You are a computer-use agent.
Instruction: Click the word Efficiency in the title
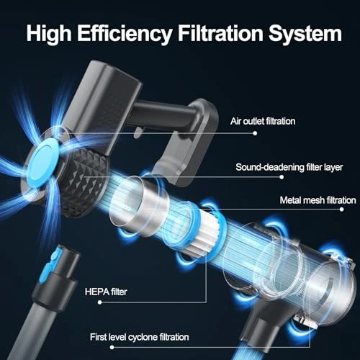click(125, 34)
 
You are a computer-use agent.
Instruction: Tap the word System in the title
click(305, 35)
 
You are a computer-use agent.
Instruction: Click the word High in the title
click(49, 35)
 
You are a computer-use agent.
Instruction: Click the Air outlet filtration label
click(263, 121)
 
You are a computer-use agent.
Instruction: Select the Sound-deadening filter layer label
click(289, 167)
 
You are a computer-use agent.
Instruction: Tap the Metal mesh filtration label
click(318, 200)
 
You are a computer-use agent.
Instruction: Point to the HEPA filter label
click(106, 292)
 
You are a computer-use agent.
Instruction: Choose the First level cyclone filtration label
click(140, 337)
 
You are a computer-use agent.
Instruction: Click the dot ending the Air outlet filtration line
click(255, 133)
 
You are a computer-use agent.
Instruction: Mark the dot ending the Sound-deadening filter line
click(282, 177)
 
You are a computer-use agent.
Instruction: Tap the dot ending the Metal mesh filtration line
click(342, 210)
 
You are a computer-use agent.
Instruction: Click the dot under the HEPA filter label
click(100, 302)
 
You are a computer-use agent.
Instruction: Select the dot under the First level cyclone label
click(112, 347)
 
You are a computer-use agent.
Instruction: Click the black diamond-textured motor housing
click(85, 182)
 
